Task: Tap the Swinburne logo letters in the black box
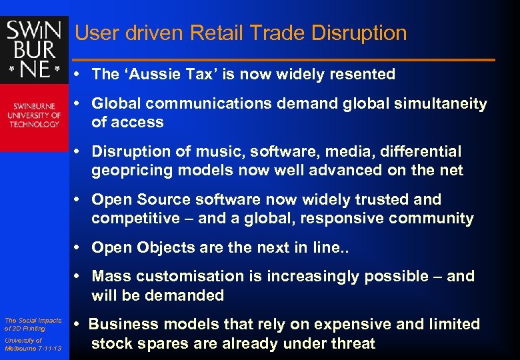click(34, 49)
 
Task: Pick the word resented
click(363, 74)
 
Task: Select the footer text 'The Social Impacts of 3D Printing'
click(33, 325)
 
